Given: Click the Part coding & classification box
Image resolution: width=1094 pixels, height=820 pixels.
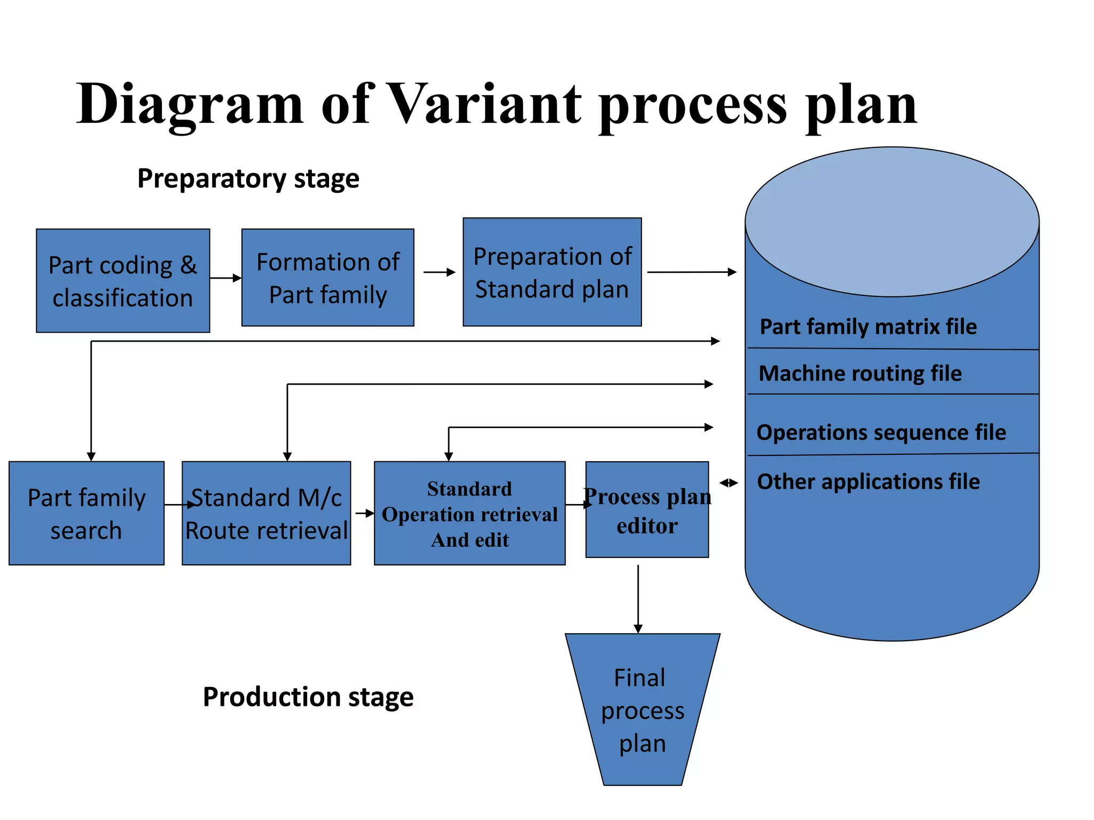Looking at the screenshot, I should (x=123, y=281).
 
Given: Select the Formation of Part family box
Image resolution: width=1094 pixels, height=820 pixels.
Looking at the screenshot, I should (x=327, y=278).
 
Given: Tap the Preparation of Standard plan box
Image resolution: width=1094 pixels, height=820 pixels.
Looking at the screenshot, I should (x=552, y=272).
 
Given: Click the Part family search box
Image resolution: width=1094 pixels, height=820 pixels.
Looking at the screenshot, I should (x=87, y=513).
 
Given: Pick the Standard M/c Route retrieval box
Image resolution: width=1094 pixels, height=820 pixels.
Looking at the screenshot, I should (x=266, y=513).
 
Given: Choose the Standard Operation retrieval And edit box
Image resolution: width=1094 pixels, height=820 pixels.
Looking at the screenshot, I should (x=470, y=513).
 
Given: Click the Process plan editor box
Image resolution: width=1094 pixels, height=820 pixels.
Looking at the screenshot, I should (x=647, y=510).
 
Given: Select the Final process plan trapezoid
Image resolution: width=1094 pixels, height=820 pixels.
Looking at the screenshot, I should (x=642, y=709).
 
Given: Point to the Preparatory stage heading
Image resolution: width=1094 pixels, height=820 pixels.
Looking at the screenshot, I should (x=248, y=179).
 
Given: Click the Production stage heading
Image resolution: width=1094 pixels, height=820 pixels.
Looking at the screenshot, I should (x=308, y=697).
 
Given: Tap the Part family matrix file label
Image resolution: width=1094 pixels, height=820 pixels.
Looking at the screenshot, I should (x=868, y=327).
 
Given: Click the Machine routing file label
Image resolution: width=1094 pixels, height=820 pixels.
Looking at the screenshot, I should (x=860, y=373).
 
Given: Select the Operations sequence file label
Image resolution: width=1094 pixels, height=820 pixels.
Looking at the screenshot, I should (x=881, y=432).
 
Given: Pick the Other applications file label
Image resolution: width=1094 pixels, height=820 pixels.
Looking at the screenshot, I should (x=868, y=482).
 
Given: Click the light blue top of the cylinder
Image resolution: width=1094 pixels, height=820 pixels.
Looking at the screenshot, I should (x=892, y=222).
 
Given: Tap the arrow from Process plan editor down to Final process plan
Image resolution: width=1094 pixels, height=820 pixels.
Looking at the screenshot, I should (x=638, y=598).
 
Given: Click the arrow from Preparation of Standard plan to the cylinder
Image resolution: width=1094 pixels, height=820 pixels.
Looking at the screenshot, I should (x=691, y=272).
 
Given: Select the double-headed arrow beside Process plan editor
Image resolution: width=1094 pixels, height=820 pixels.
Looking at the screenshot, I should (x=728, y=483).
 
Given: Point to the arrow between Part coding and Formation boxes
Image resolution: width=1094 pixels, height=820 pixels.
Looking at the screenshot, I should (x=225, y=278).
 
